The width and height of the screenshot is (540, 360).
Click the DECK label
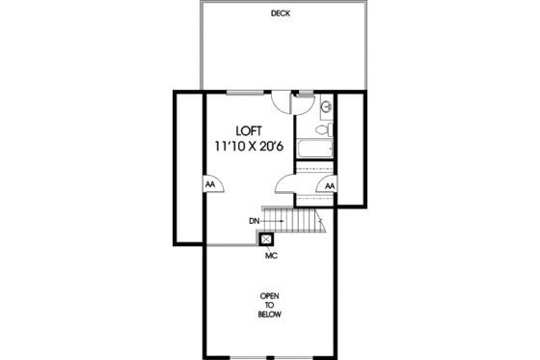pyautogui.click(x=281, y=14)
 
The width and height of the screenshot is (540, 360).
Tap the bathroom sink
pyautogui.click(x=327, y=106)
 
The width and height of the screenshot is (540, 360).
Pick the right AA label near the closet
pyautogui.click(x=330, y=186)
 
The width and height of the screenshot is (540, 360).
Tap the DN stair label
pyautogui.click(x=254, y=222)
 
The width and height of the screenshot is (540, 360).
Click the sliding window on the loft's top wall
pyautogui.click(x=248, y=93)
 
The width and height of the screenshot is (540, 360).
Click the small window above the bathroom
pyautogui.click(x=306, y=93)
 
